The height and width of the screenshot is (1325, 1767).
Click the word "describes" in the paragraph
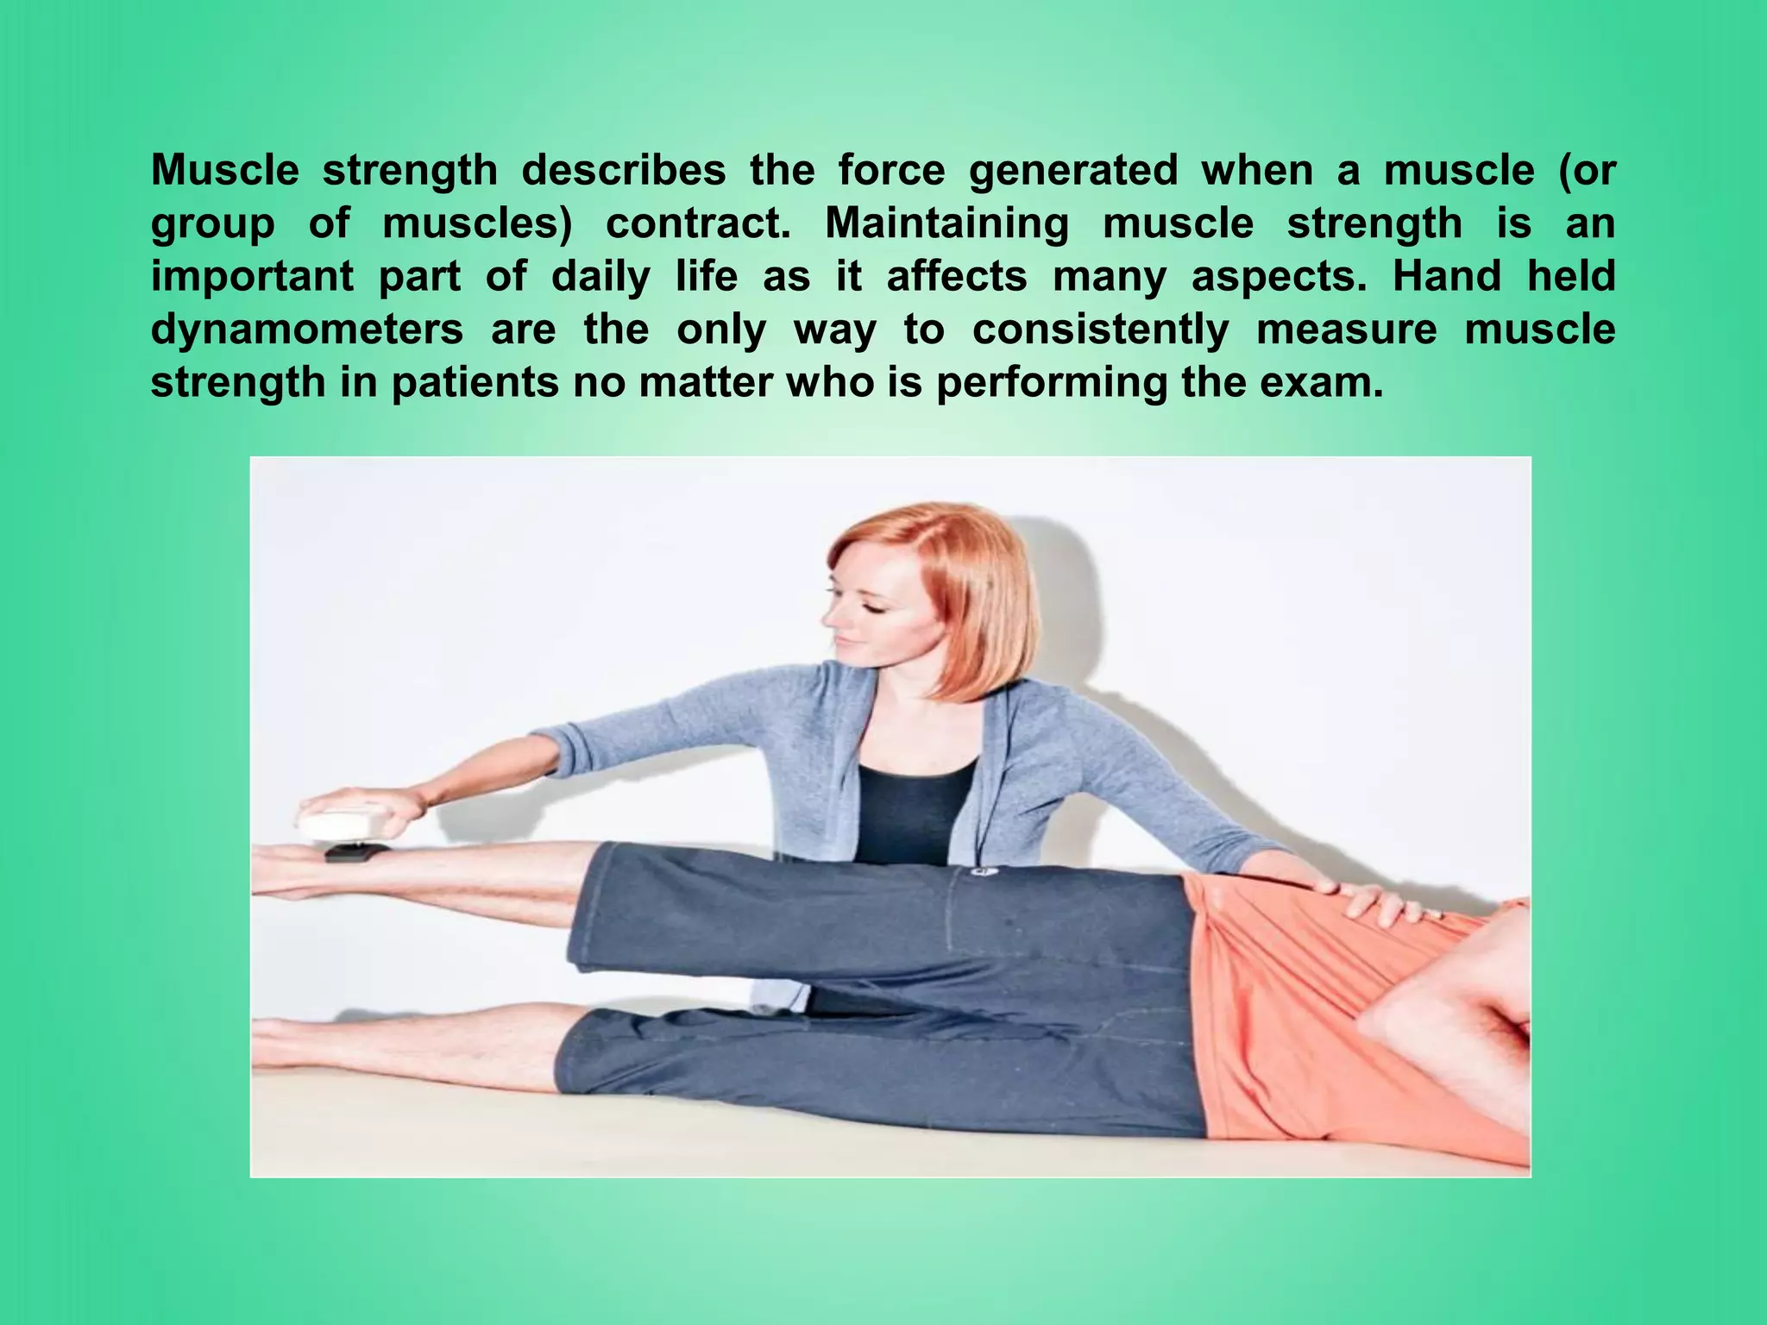(x=624, y=171)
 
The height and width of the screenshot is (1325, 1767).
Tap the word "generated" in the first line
(x=1073, y=171)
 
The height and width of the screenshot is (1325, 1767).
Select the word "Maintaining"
(x=946, y=223)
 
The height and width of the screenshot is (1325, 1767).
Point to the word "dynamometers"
(x=306, y=330)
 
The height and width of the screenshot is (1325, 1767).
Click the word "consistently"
(x=1100, y=330)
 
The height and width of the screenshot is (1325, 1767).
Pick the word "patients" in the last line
(x=475, y=382)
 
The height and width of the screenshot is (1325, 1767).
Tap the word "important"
(x=252, y=277)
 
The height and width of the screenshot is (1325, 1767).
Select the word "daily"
(x=601, y=277)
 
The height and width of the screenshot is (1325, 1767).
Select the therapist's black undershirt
(x=915, y=807)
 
